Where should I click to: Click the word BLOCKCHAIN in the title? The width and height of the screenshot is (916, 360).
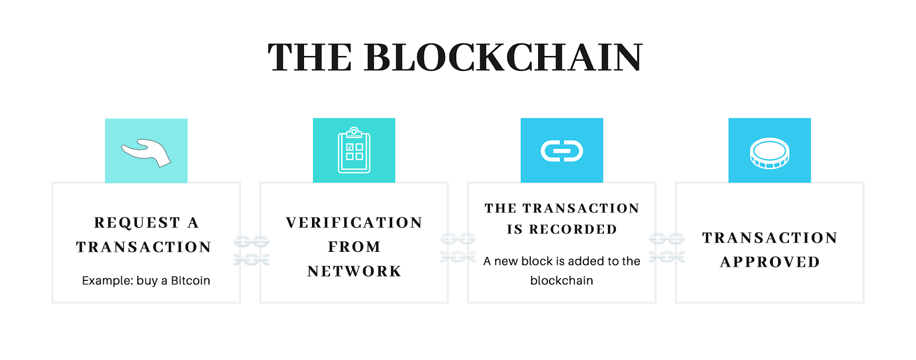pyautogui.click(x=503, y=58)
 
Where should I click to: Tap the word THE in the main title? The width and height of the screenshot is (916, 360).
pyautogui.click(x=310, y=58)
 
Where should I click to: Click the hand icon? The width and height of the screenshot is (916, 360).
pyautogui.click(x=146, y=152)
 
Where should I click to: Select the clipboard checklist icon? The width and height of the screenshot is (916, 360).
pyautogui.click(x=354, y=151)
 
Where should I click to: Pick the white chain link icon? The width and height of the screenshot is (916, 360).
pyautogui.click(x=562, y=151)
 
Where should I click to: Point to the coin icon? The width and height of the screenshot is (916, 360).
pyautogui.click(x=769, y=153)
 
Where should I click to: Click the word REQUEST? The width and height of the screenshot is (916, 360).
pyautogui.click(x=137, y=223)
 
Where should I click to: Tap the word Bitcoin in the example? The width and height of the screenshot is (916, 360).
pyautogui.click(x=191, y=280)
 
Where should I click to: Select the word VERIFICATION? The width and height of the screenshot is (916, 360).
pyautogui.click(x=354, y=223)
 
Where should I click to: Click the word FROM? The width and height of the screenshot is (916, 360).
pyautogui.click(x=354, y=247)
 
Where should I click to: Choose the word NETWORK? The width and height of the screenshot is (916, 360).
pyautogui.click(x=354, y=271)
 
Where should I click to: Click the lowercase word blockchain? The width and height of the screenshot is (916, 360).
pyautogui.click(x=562, y=280)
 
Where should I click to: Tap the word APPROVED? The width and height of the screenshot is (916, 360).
pyautogui.click(x=769, y=262)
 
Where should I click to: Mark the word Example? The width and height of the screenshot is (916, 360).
pyautogui.click(x=108, y=280)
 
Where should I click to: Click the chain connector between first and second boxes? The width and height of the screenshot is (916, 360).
pyautogui.click(x=251, y=250)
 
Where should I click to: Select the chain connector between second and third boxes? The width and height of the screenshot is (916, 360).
pyautogui.click(x=457, y=248)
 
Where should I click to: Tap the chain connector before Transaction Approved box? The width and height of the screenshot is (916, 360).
pyautogui.click(x=666, y=248)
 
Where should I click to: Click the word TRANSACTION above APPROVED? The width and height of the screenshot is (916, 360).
pyautogui.click(x=769, y=238)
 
